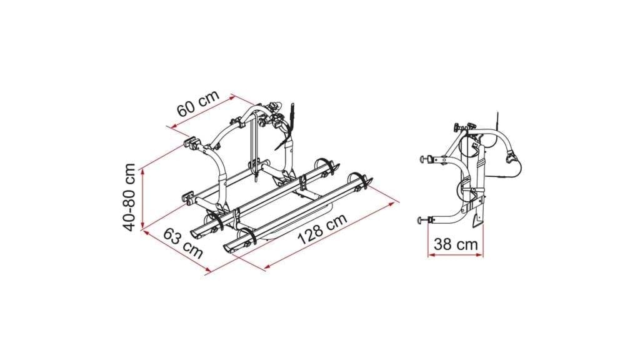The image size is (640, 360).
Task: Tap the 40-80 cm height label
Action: pos(130,197)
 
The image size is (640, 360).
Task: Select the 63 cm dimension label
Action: pos(183,244)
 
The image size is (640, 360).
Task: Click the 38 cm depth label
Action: pos(456,244)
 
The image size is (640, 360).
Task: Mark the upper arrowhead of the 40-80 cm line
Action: pos(142,172)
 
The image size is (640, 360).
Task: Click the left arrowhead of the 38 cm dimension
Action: pos(431,255)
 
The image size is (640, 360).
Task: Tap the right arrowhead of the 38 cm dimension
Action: pos(479,255)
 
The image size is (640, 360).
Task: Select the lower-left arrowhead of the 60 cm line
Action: pos(174,127)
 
